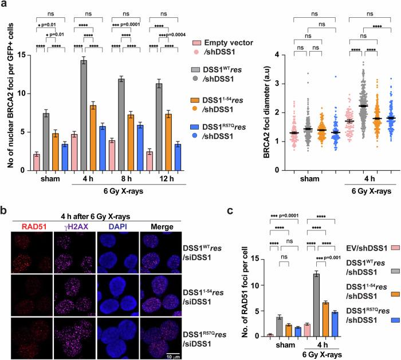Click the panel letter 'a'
click(x=4, y=5)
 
